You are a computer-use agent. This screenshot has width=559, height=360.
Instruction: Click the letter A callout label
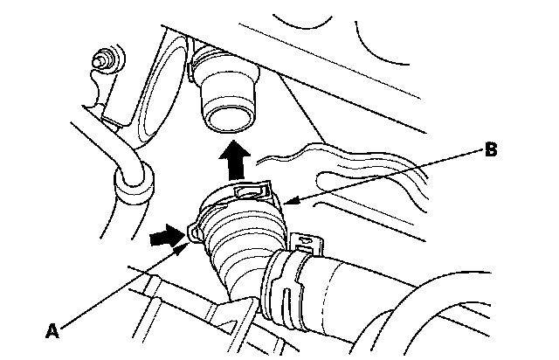coord(52,329)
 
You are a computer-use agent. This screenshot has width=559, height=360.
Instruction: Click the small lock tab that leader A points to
coord(192,232)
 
